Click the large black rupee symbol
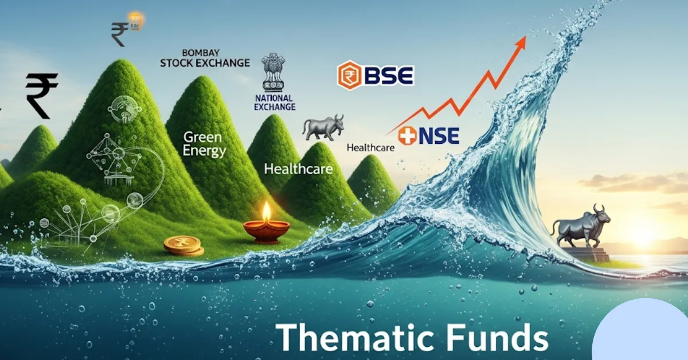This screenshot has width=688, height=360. pyautogui.click(x=41, y=95)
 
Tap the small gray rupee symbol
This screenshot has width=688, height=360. pyautogui.click(x=120, y=34)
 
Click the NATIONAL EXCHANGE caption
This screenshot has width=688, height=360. pyautogui.click(x=275, y=103)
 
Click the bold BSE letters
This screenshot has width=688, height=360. pyautogui.click(x=388, y=76)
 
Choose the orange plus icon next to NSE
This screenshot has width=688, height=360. pyautogui.click(x=407, y=135)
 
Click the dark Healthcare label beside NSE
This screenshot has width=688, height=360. pyautogui.click(x=370, y=147)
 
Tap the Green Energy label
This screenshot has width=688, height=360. pyautogui.click(x=205, y=144)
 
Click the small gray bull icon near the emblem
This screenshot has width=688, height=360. pyautogui.click(x=323, y=127)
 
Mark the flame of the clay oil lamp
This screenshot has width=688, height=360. pyautogui.click(x=266, y=212)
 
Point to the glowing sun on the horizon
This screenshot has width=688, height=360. pyautogui.click(x=642, y=232)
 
